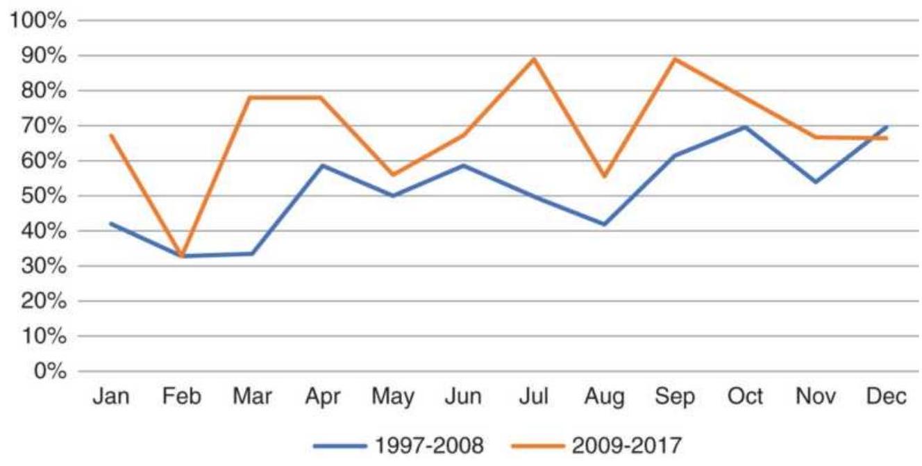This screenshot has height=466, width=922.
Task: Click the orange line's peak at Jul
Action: coord(534,58)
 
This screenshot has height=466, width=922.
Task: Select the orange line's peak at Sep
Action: coord(675,58)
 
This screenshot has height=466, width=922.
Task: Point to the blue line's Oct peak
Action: coord(746,126)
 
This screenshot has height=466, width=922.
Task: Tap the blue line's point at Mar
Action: coord(251,253)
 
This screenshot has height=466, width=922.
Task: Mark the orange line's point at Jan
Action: coord(111,135)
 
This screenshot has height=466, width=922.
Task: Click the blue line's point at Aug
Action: coord(605,224)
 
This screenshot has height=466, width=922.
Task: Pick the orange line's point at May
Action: coord(393,174)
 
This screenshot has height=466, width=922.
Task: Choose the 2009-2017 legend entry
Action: coord(596,443)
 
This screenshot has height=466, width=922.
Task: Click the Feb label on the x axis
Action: coord(181,398)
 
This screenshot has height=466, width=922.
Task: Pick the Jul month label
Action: coord(534,398)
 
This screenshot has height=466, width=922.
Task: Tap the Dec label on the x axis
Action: coord(887,398)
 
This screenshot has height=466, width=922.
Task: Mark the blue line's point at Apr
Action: coord(322,165)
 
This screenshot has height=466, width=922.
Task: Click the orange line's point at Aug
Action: coord(605,176)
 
